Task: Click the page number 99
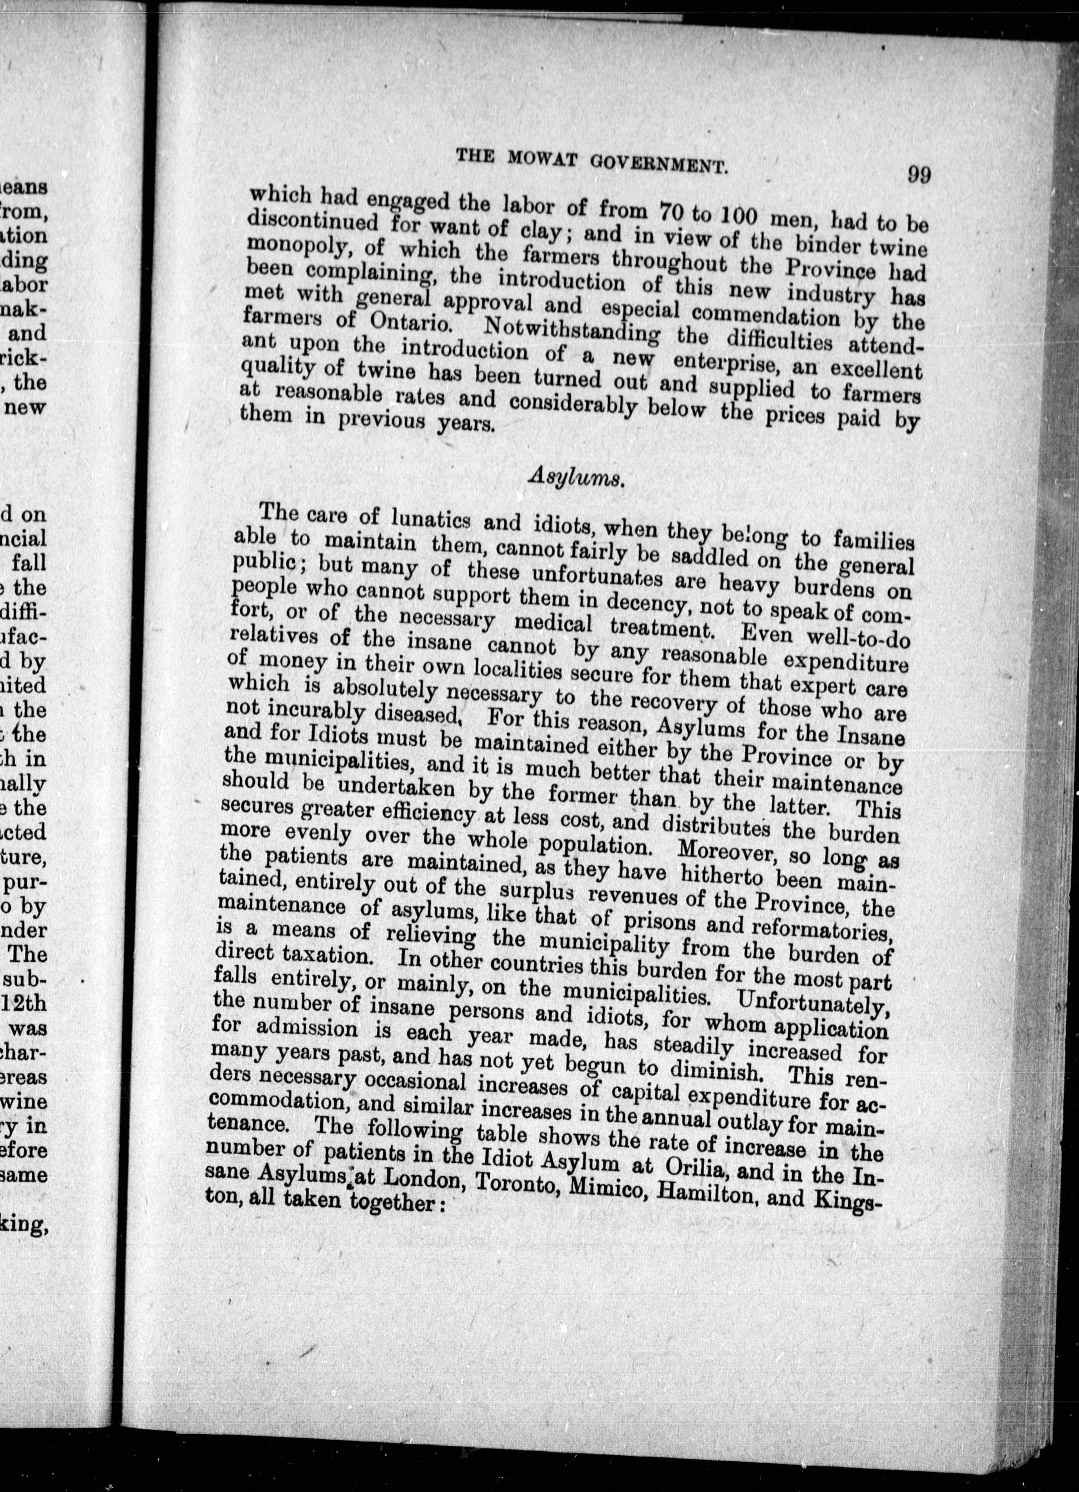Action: click(918, 175)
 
